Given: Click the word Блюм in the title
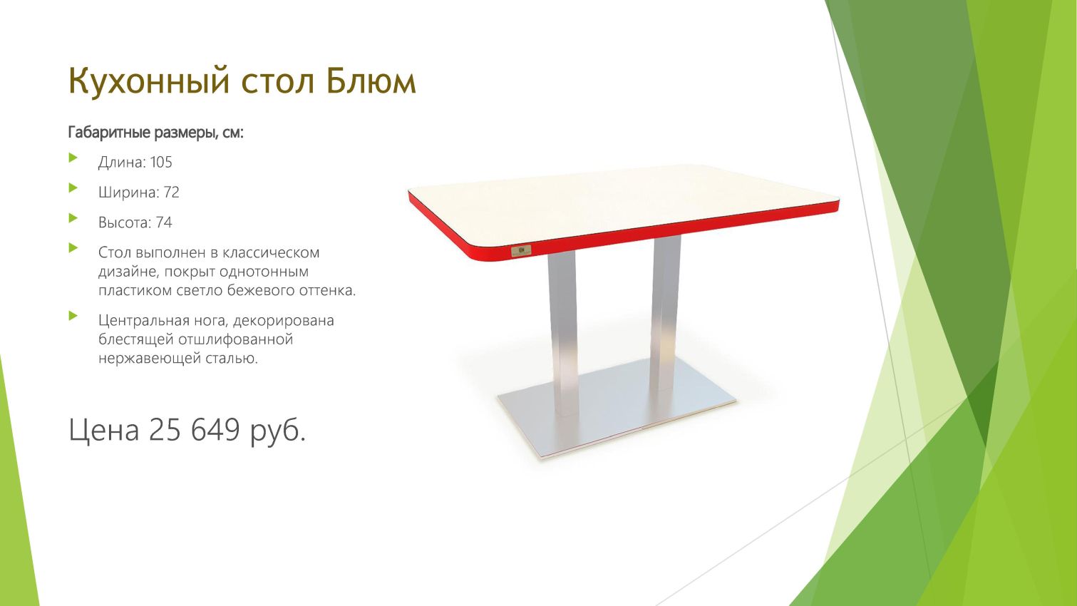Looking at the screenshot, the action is click(x=371, y=81).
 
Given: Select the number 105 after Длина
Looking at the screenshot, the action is click(x=161, y=162).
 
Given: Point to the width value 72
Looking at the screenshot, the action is click(x=171, y=192).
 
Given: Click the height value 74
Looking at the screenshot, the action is click(x=164, y=222).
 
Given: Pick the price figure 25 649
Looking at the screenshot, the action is click(x=194, y=429).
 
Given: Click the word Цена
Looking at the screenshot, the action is click(x=104, y=429).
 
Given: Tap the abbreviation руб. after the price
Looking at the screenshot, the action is click(x=277, y=431).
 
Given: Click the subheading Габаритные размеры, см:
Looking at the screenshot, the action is click(x=156, y=133).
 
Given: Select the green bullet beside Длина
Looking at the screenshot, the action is click(x=73, y=158).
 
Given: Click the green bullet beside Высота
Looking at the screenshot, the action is click(x=73, y=218).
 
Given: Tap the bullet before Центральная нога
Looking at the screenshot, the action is click(x=73, y=316).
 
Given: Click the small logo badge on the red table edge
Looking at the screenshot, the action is click(x=521, y=250).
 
